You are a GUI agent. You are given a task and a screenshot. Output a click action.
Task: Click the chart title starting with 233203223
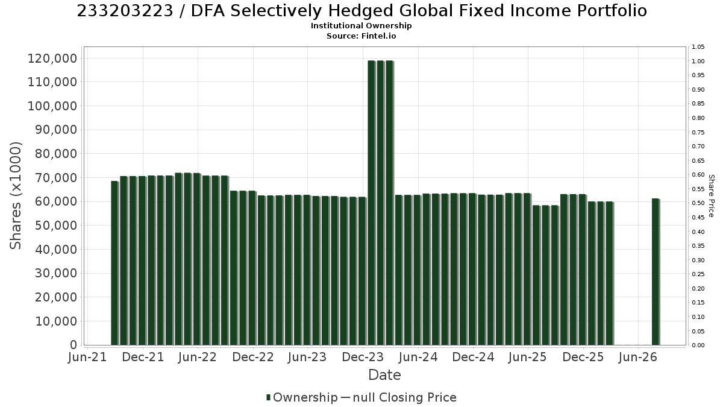pos(361,11)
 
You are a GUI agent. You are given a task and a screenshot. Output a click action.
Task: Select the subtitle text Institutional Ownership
pos(361,26)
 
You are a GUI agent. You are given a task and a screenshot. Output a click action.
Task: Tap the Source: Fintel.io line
pos(361,36)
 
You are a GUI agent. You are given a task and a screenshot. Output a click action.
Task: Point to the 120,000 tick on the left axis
pos(52,58)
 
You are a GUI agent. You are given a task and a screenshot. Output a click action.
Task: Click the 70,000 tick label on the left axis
pos(56,178)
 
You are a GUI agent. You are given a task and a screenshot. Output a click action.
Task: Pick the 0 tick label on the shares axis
pos(74,345)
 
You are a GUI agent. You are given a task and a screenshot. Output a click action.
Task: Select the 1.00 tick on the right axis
pos(698,62)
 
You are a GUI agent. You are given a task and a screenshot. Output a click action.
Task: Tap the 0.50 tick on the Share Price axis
pos(698,203)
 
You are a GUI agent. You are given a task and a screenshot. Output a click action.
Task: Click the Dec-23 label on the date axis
pos(363,357)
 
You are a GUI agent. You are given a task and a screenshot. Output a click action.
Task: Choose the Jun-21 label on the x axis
pos(87,357)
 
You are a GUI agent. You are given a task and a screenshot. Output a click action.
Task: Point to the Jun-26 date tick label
pos(638,357)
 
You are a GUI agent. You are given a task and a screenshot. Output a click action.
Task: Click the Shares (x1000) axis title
pos(16,195)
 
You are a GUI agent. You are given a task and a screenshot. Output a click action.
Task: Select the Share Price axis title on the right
pos(712,196)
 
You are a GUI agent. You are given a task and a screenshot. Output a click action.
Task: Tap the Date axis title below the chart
pos(384,375)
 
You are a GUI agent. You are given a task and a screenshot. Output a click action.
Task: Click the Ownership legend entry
pos(301,397)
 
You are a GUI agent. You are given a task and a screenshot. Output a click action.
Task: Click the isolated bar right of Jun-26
pos(656,272)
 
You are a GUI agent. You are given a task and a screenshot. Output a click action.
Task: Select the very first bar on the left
pos(114,263)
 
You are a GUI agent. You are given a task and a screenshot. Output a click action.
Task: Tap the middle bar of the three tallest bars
pos(381,203)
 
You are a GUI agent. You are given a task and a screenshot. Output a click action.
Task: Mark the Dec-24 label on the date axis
pos(473,357)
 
